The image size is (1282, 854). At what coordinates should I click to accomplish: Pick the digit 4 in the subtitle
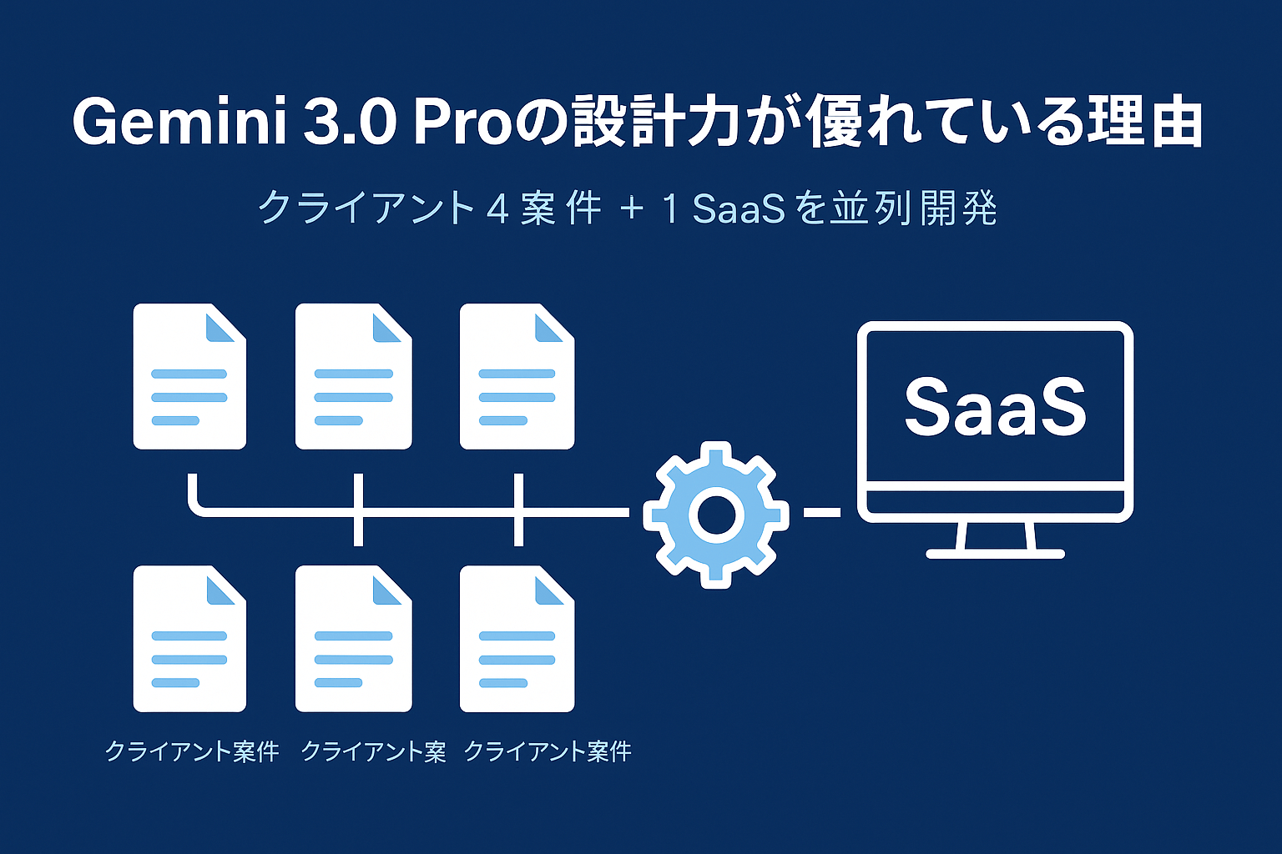point(497,208)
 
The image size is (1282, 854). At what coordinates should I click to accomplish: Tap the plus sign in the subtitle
point(632,208)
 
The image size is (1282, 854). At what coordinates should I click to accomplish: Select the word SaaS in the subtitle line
point(739,208)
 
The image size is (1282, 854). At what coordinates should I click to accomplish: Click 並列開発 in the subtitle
point(915,208)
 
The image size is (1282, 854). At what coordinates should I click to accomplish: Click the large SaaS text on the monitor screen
point(995,406)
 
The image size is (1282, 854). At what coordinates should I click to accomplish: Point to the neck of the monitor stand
point(996,535)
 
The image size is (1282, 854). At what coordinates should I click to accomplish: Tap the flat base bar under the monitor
point(996,554)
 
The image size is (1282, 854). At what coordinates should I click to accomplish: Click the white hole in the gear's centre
point(715,515)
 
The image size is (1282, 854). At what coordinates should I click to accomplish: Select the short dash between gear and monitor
point(822,512)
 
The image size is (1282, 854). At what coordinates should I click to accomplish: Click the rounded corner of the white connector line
point(196,505)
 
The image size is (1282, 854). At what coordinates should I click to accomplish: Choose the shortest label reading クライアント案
point(373,751)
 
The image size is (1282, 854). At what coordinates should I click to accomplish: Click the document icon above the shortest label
point(354,639)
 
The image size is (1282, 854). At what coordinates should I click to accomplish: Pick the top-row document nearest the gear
point(517,376)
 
